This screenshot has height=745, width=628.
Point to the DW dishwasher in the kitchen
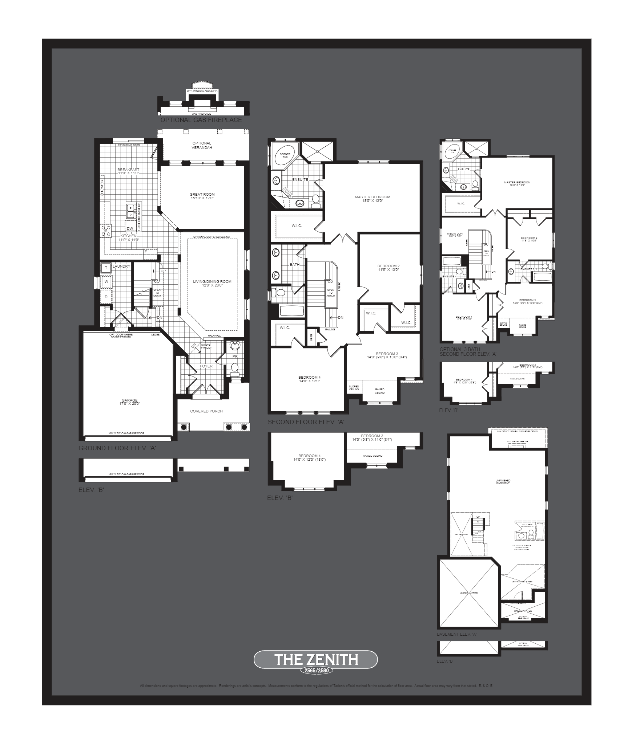coord(130,228)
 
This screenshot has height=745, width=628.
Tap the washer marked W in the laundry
coord(106,281)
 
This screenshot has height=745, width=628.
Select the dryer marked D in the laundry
coord(106,297)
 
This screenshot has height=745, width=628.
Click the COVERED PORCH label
coord(206,411)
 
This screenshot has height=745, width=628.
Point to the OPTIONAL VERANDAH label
coord(202,145)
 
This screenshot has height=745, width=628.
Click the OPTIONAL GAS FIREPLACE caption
coord(201,120)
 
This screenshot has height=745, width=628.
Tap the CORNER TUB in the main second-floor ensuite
coord(285,156)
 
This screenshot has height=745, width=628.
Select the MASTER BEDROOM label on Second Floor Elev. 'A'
coord(373,199)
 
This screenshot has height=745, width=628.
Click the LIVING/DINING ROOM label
coord(212,283)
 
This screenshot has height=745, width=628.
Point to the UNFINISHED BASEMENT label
coord(503,482)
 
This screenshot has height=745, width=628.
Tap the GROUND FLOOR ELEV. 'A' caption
coord(117,448)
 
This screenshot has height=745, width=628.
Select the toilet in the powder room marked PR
coord(235,367)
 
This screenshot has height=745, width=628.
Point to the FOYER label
coord(206,366)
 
